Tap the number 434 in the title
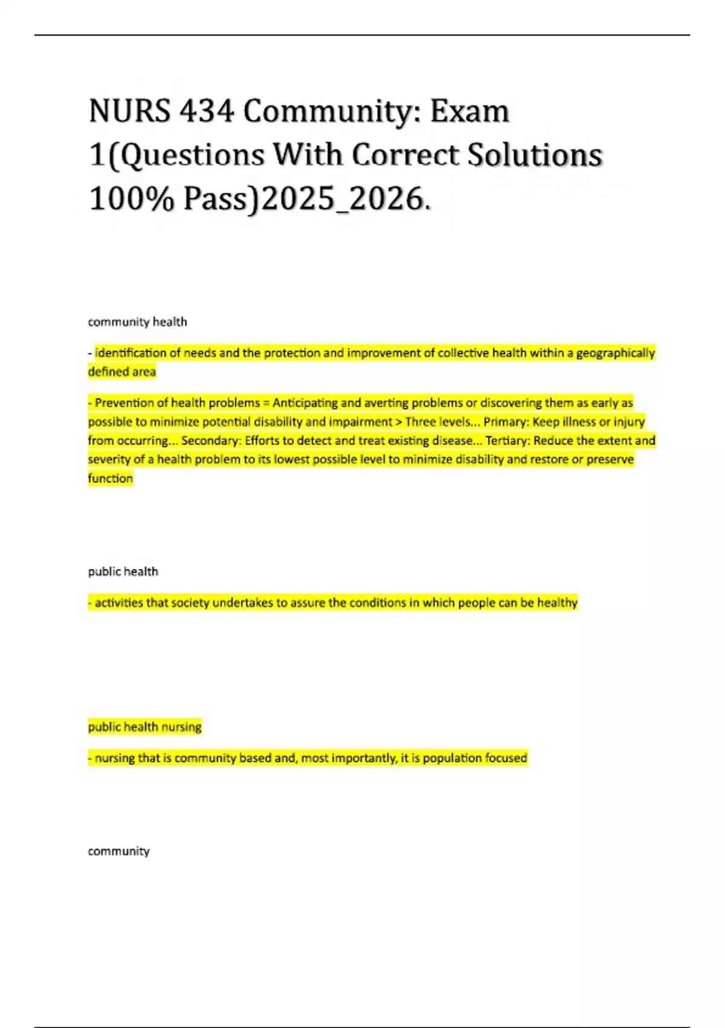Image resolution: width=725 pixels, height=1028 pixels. point(206,111)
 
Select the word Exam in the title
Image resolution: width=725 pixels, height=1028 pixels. point(470,111)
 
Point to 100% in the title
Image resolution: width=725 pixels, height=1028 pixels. point(131,198)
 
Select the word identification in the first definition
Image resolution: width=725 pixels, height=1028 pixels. point(130,353)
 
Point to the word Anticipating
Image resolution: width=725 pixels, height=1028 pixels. point(304,403)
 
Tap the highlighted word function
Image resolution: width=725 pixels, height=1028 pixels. point(110,478)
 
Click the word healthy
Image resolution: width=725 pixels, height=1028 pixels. point(557,602)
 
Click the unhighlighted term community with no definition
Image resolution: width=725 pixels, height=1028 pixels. point(118,851)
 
